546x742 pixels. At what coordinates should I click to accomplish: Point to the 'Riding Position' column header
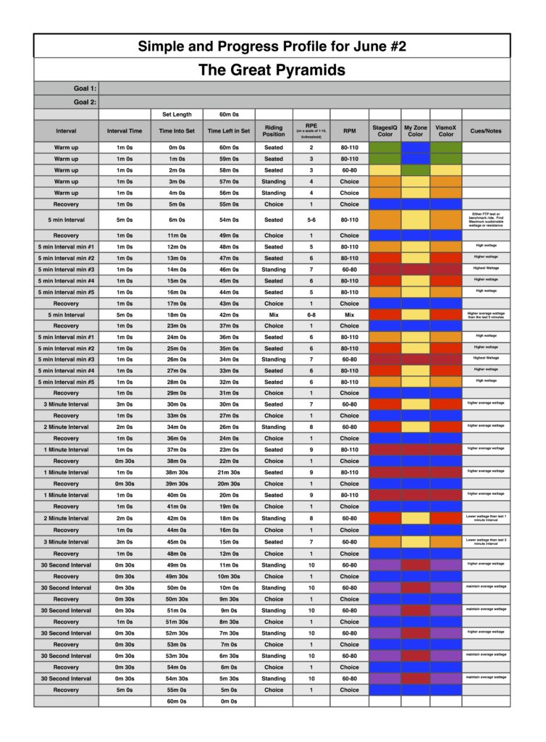[274, 130]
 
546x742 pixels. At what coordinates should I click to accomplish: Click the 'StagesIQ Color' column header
[385, 130]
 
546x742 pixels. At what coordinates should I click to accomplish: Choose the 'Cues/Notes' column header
[485, 131]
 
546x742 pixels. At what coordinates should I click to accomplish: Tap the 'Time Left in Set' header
[228, 131]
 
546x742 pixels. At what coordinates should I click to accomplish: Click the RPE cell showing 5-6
[311, 220]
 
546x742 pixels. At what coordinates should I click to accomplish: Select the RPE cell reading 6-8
[311, 315]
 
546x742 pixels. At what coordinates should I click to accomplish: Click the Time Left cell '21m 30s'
[228, 472]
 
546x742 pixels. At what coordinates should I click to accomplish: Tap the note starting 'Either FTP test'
[485, 220]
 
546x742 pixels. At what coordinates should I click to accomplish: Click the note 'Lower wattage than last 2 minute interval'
[485, 542]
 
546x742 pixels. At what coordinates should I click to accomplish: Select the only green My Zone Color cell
[416, 170]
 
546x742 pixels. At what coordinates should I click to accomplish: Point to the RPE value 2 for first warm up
[311, 147]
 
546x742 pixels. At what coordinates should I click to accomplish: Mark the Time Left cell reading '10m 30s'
[228, 576]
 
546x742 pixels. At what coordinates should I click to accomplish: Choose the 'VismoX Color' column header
[446, 130]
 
